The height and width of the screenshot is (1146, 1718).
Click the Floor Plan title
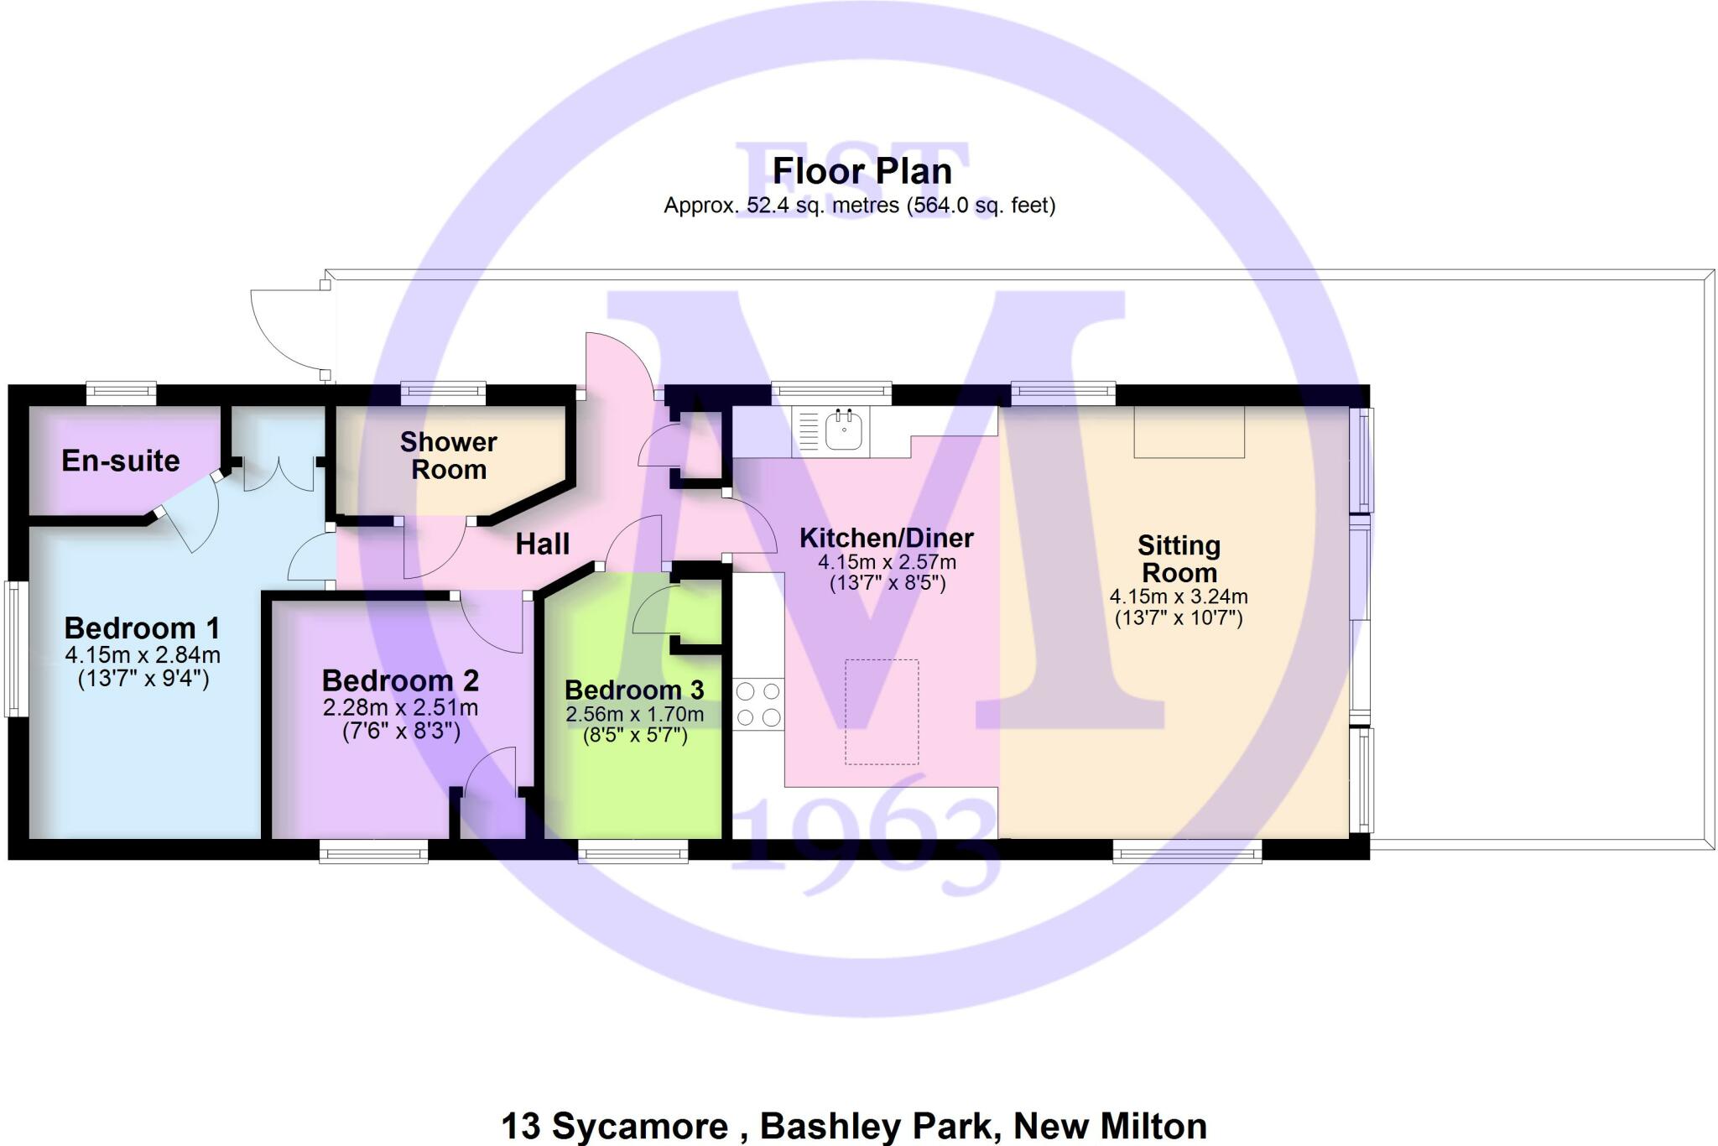[x=862, y=171]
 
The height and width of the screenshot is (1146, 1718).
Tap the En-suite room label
[x=121, y=461]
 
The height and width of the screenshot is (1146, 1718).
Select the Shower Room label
[x=449, y=456]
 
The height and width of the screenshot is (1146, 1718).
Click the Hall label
[x=542, y=544]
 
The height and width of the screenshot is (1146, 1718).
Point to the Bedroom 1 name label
[x=142, y=628]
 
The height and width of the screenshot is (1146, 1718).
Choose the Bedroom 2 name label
[x=400, y=680]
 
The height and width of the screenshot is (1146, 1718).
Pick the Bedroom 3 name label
[x=634, y=690]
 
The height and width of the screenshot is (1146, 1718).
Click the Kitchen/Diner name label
[x=887, y=538]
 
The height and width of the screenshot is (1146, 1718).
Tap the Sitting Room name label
[x=1179, y=559]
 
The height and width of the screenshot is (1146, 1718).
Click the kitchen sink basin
[x=843, y=430]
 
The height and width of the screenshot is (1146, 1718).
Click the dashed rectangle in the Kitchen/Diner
[x=882, y=711]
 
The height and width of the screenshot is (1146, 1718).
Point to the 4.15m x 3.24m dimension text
[x=1179, y=597]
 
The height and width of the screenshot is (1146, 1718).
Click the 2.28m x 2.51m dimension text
[x=400, y=708]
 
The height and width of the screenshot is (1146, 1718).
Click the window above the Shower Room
[x=444, y=391]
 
